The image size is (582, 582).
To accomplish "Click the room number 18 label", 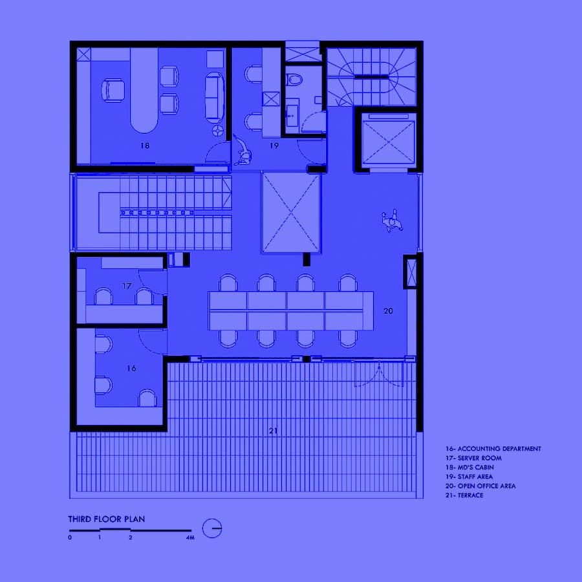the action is [145, 145].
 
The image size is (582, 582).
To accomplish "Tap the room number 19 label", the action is [274, 145].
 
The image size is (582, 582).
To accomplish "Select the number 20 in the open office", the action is [388, 310].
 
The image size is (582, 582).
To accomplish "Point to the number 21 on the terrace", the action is [273, 431].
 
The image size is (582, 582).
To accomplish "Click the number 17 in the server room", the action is [127, 286].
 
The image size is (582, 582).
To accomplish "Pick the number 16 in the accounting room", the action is [131, 368].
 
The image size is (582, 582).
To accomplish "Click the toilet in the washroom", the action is [294, 80].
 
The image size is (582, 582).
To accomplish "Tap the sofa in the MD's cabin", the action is [215, 98].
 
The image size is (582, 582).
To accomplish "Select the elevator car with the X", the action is [388, 142].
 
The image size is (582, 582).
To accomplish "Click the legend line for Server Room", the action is [473, 458].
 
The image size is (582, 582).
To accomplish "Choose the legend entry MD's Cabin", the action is [469, 468].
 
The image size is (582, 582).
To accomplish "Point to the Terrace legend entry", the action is [464, 495].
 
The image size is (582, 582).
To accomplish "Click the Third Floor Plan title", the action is [107, 519].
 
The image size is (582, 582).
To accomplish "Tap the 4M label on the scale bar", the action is [190, 537].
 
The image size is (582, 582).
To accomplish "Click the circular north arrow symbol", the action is [212, 528].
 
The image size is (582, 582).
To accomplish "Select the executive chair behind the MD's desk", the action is [113, 90].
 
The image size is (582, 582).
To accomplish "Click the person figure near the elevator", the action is [392, 221].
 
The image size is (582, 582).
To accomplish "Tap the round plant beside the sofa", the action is [217, 130].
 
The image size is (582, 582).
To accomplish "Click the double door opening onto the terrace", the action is [379, 374].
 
